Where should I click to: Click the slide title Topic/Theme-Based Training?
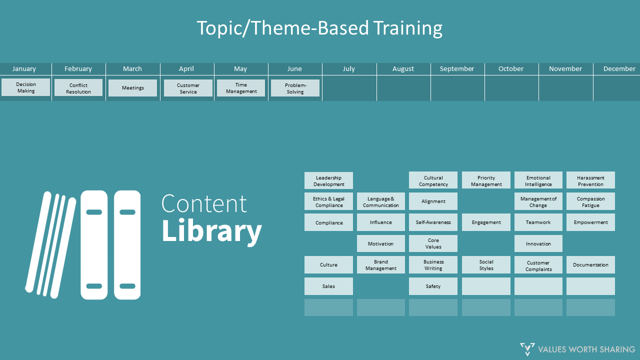319,28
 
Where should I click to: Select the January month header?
24,69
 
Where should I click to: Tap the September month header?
456,69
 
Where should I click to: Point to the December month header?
619,69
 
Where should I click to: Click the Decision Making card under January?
26,87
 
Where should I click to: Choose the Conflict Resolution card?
78,88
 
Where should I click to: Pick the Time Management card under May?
241,88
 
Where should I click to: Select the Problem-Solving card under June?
295,88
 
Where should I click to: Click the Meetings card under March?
132,88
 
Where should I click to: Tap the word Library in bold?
211,230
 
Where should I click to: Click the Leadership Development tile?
328,180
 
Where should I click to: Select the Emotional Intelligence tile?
538,180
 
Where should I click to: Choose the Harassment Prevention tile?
590,180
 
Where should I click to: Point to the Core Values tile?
433,243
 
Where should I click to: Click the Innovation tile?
538,243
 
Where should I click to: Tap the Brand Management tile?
380,265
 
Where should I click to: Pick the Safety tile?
433,286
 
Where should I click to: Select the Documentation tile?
590,265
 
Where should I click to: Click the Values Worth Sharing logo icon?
527,349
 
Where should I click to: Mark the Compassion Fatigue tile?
590,201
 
